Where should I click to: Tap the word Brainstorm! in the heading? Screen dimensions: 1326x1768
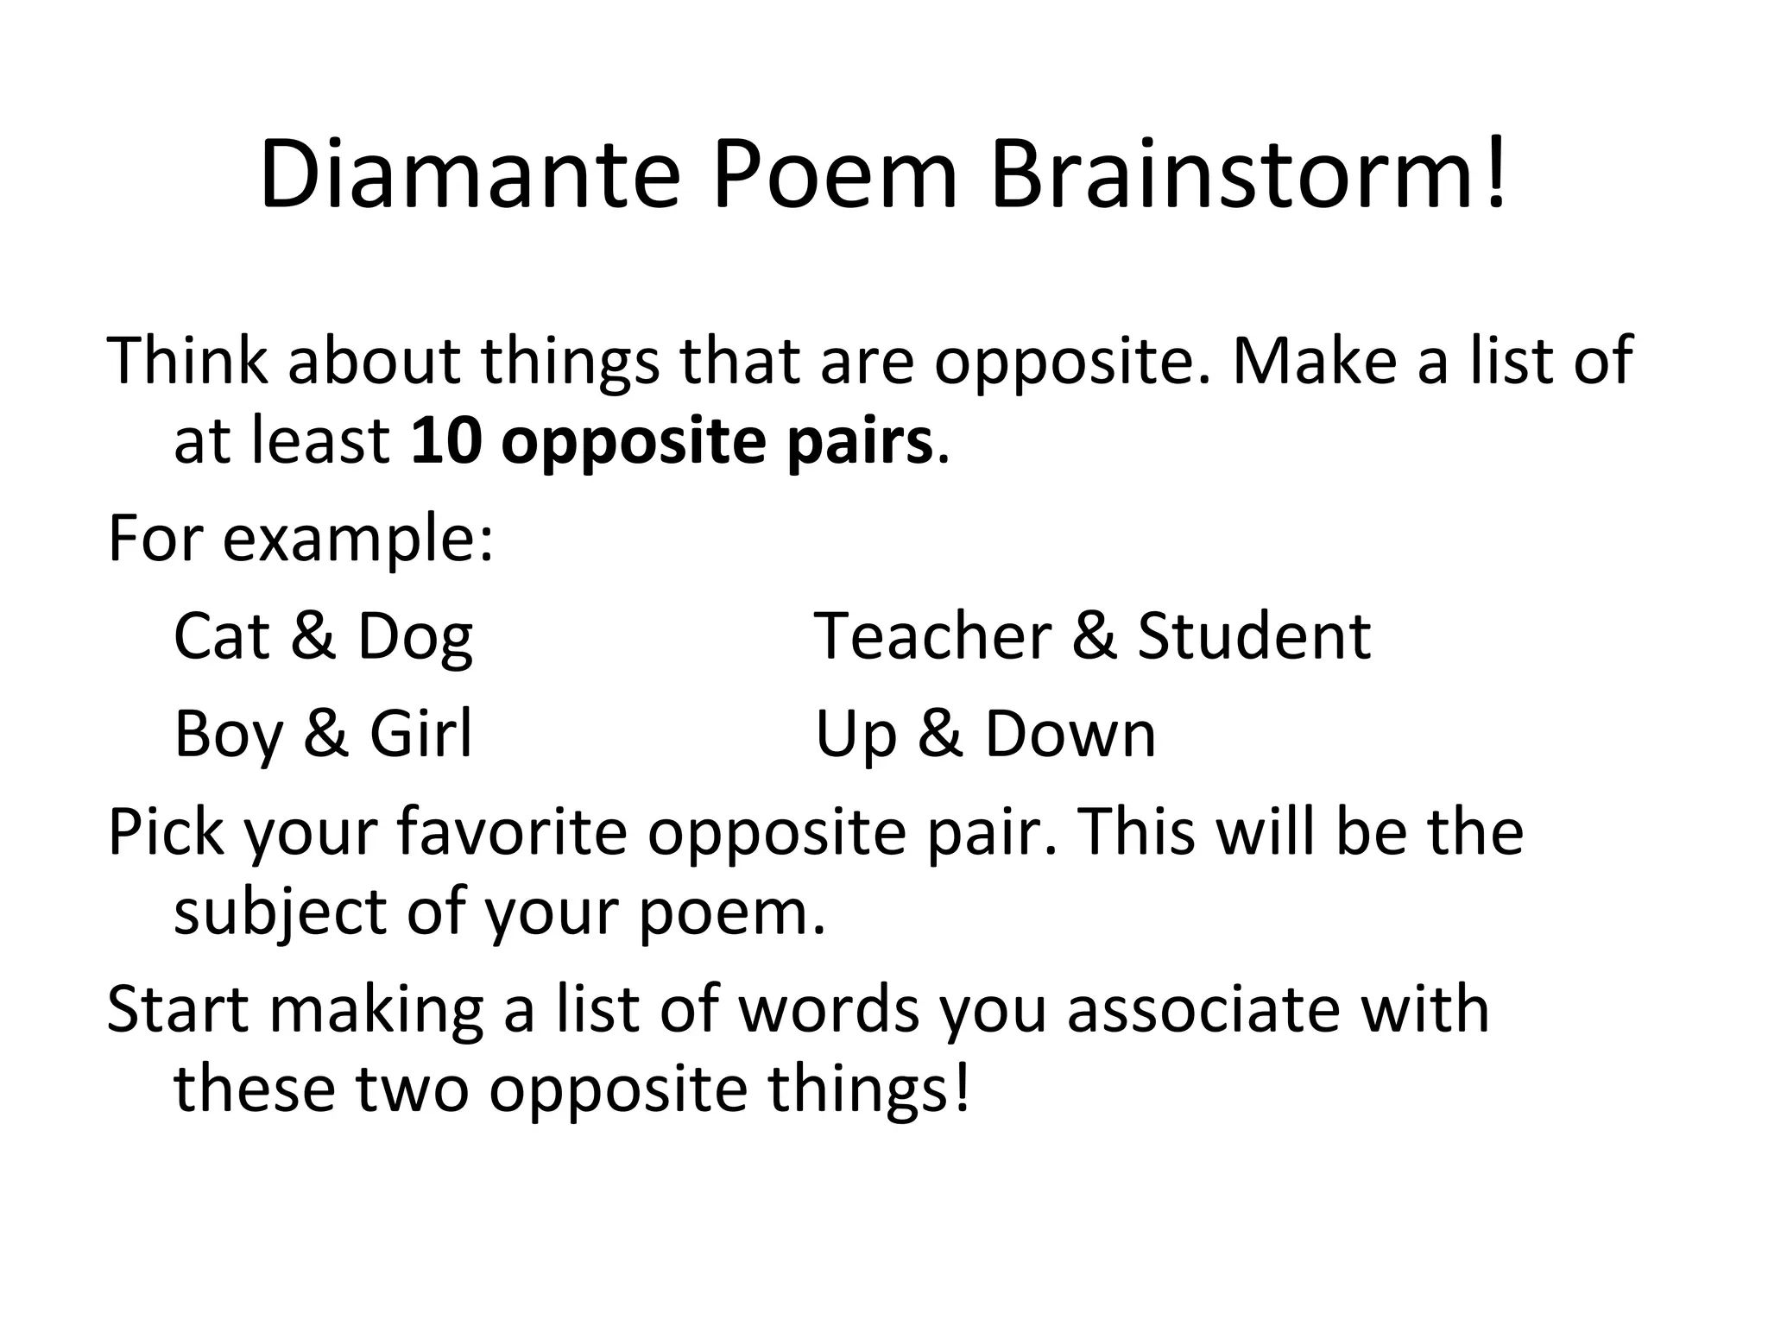(1247, 176)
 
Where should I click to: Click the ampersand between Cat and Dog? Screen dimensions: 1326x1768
(313, 636)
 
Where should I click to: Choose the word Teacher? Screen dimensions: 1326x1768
(932, 636)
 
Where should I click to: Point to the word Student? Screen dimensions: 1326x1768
(1253, 636)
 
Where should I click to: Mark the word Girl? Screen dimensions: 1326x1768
(420, 733)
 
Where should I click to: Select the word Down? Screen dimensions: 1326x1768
(1070, 735)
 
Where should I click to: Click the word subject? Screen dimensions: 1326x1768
(280, 913)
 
